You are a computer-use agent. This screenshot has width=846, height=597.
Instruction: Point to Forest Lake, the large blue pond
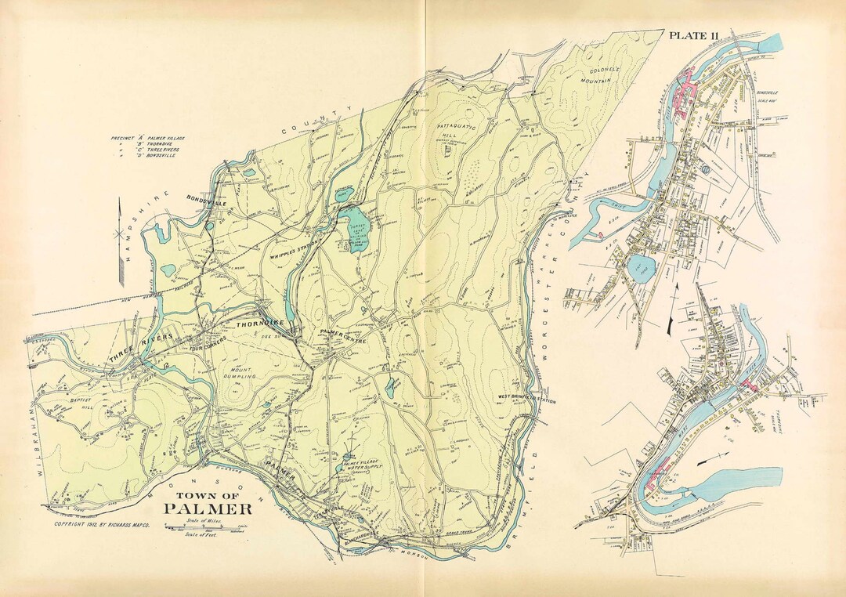pyautogui.click(x=356, y=225)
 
